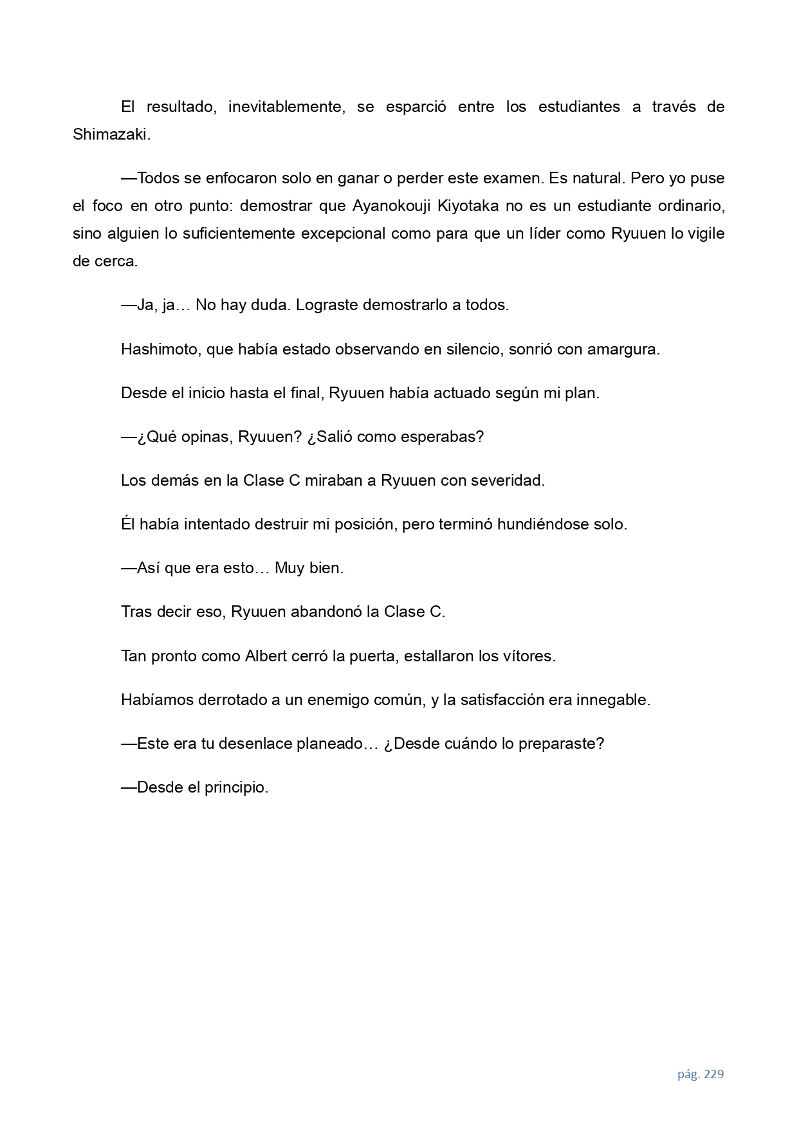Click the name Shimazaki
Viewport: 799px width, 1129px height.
coord(110,134)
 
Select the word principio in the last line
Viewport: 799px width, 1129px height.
coord(236,787)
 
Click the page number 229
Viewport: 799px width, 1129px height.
coord(714,1074)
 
